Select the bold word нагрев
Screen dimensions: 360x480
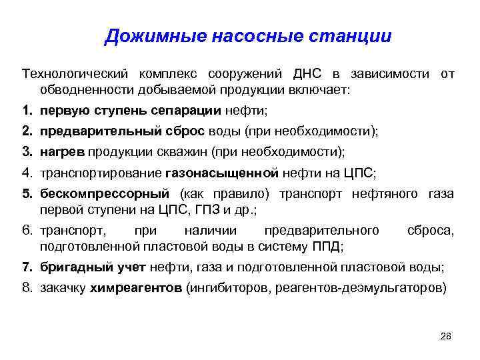click(x=61, y=153)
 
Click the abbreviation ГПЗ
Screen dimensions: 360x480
click(x=217, y=210)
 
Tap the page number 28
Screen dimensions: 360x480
click(x=446, y=336)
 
